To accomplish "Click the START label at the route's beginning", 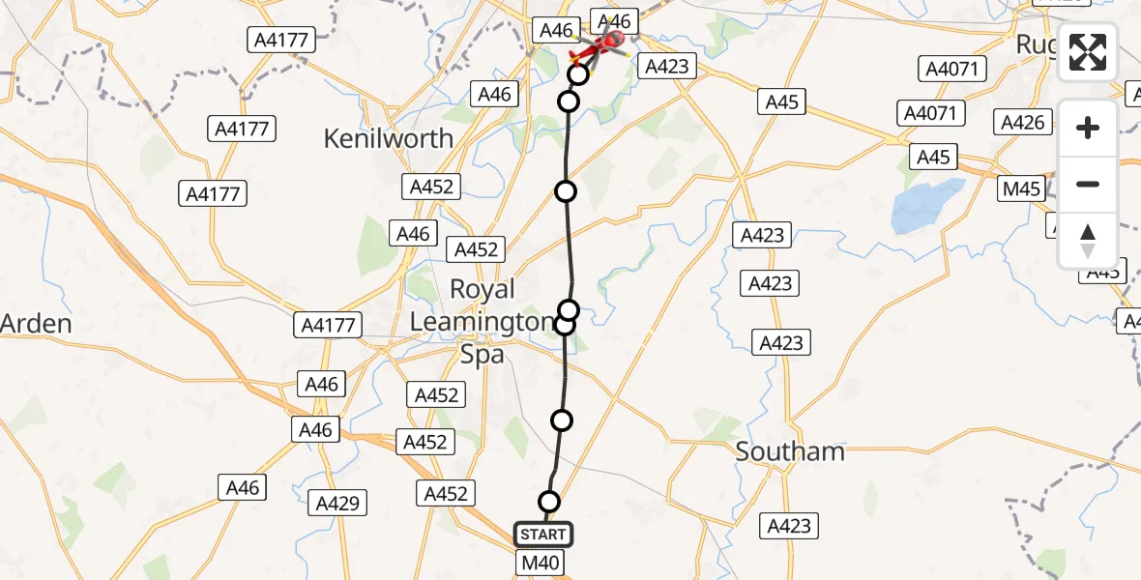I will [x=542, y=535].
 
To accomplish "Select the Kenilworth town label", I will [x=388, y=138].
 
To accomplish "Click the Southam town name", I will [x=790, y=451].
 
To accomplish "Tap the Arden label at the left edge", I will [x=36, y=323].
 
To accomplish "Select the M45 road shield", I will [x=1021, y=188].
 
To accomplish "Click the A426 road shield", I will [x=1023, y=123].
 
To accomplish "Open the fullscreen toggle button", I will [x=1088, y=53].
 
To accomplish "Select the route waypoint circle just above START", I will [x=549, y=502].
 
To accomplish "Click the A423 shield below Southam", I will [x=789, y=526].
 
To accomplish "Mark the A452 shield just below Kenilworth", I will [x=432, y=187].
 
